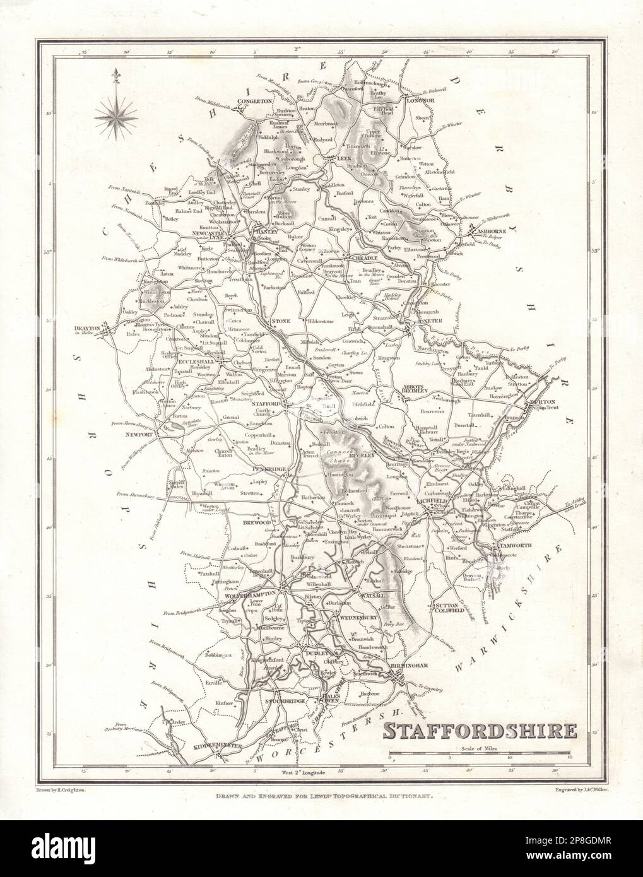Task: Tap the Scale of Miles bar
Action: [x=480, y=755]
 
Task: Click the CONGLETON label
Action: [x=254, y=101]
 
